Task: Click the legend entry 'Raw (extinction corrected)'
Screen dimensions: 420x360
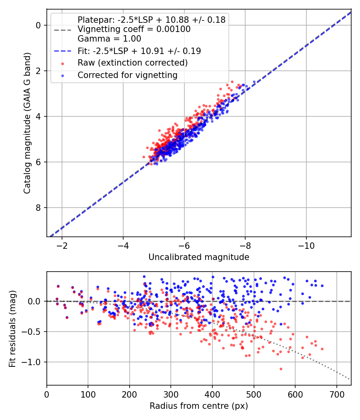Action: click(x=132, y=63)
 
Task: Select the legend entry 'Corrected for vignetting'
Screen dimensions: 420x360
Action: click(x=128, y=75)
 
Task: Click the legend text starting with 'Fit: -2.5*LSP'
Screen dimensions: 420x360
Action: click(x=139, y=51)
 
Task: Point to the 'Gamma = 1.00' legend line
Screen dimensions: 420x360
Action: click(x=109, y=39)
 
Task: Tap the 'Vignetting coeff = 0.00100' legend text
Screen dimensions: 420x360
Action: click(x=134, y=29)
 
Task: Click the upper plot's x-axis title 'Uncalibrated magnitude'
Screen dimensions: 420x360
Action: click(x=199, y=257)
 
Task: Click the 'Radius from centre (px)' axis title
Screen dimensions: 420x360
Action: click(x=199, y=406)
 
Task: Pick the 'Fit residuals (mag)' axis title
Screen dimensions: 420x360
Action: click(x=12, y=328)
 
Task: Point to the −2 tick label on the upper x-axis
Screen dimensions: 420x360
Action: click(x=62, y=245)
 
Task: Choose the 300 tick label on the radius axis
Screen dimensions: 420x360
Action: click(x=171, y=394)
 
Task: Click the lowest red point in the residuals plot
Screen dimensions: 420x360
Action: click(x=281, y=369)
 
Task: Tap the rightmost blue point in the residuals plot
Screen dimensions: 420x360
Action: click(x=322, y=286)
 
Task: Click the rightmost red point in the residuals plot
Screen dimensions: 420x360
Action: click(x=322, y=349)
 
